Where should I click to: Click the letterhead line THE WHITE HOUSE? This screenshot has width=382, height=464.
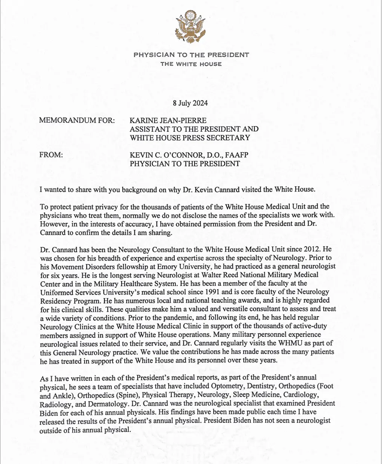[191, 64]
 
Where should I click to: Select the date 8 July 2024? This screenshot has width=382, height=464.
[190, 103]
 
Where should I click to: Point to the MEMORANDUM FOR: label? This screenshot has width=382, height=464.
[77, 120]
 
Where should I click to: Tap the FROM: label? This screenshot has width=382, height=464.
[51, 155]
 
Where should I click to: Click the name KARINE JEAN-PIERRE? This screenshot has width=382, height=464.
[168, 120]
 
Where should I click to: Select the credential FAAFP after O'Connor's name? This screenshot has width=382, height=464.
[236, 155]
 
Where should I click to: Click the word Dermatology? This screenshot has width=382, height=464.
[108, 405]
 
